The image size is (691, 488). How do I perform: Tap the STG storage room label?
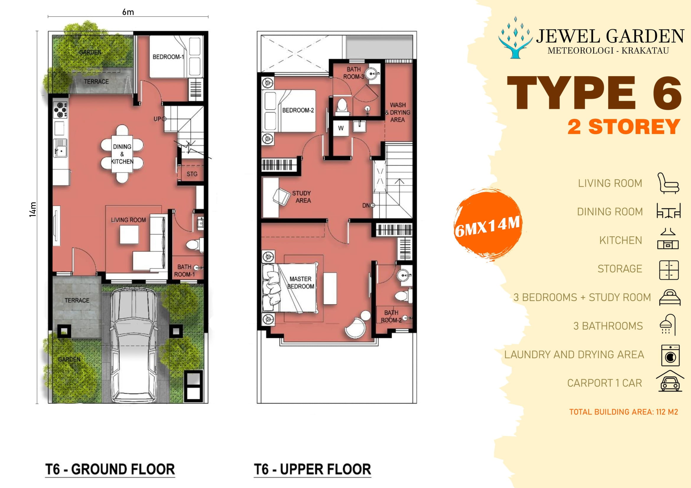point(192,174)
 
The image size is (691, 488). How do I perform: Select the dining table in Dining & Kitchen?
point(122,154)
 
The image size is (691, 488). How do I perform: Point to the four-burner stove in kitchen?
point(60,110)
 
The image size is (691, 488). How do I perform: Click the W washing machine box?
point(341,128)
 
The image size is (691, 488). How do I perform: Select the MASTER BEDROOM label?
point(300,282)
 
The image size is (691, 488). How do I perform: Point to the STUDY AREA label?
point(302,197)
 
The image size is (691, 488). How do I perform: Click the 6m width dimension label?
point(128,12)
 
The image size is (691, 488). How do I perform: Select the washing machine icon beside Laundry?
point(670,355)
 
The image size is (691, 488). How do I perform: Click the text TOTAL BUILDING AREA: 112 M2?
point(623,412)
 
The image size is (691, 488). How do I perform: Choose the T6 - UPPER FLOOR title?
point(312,469)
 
